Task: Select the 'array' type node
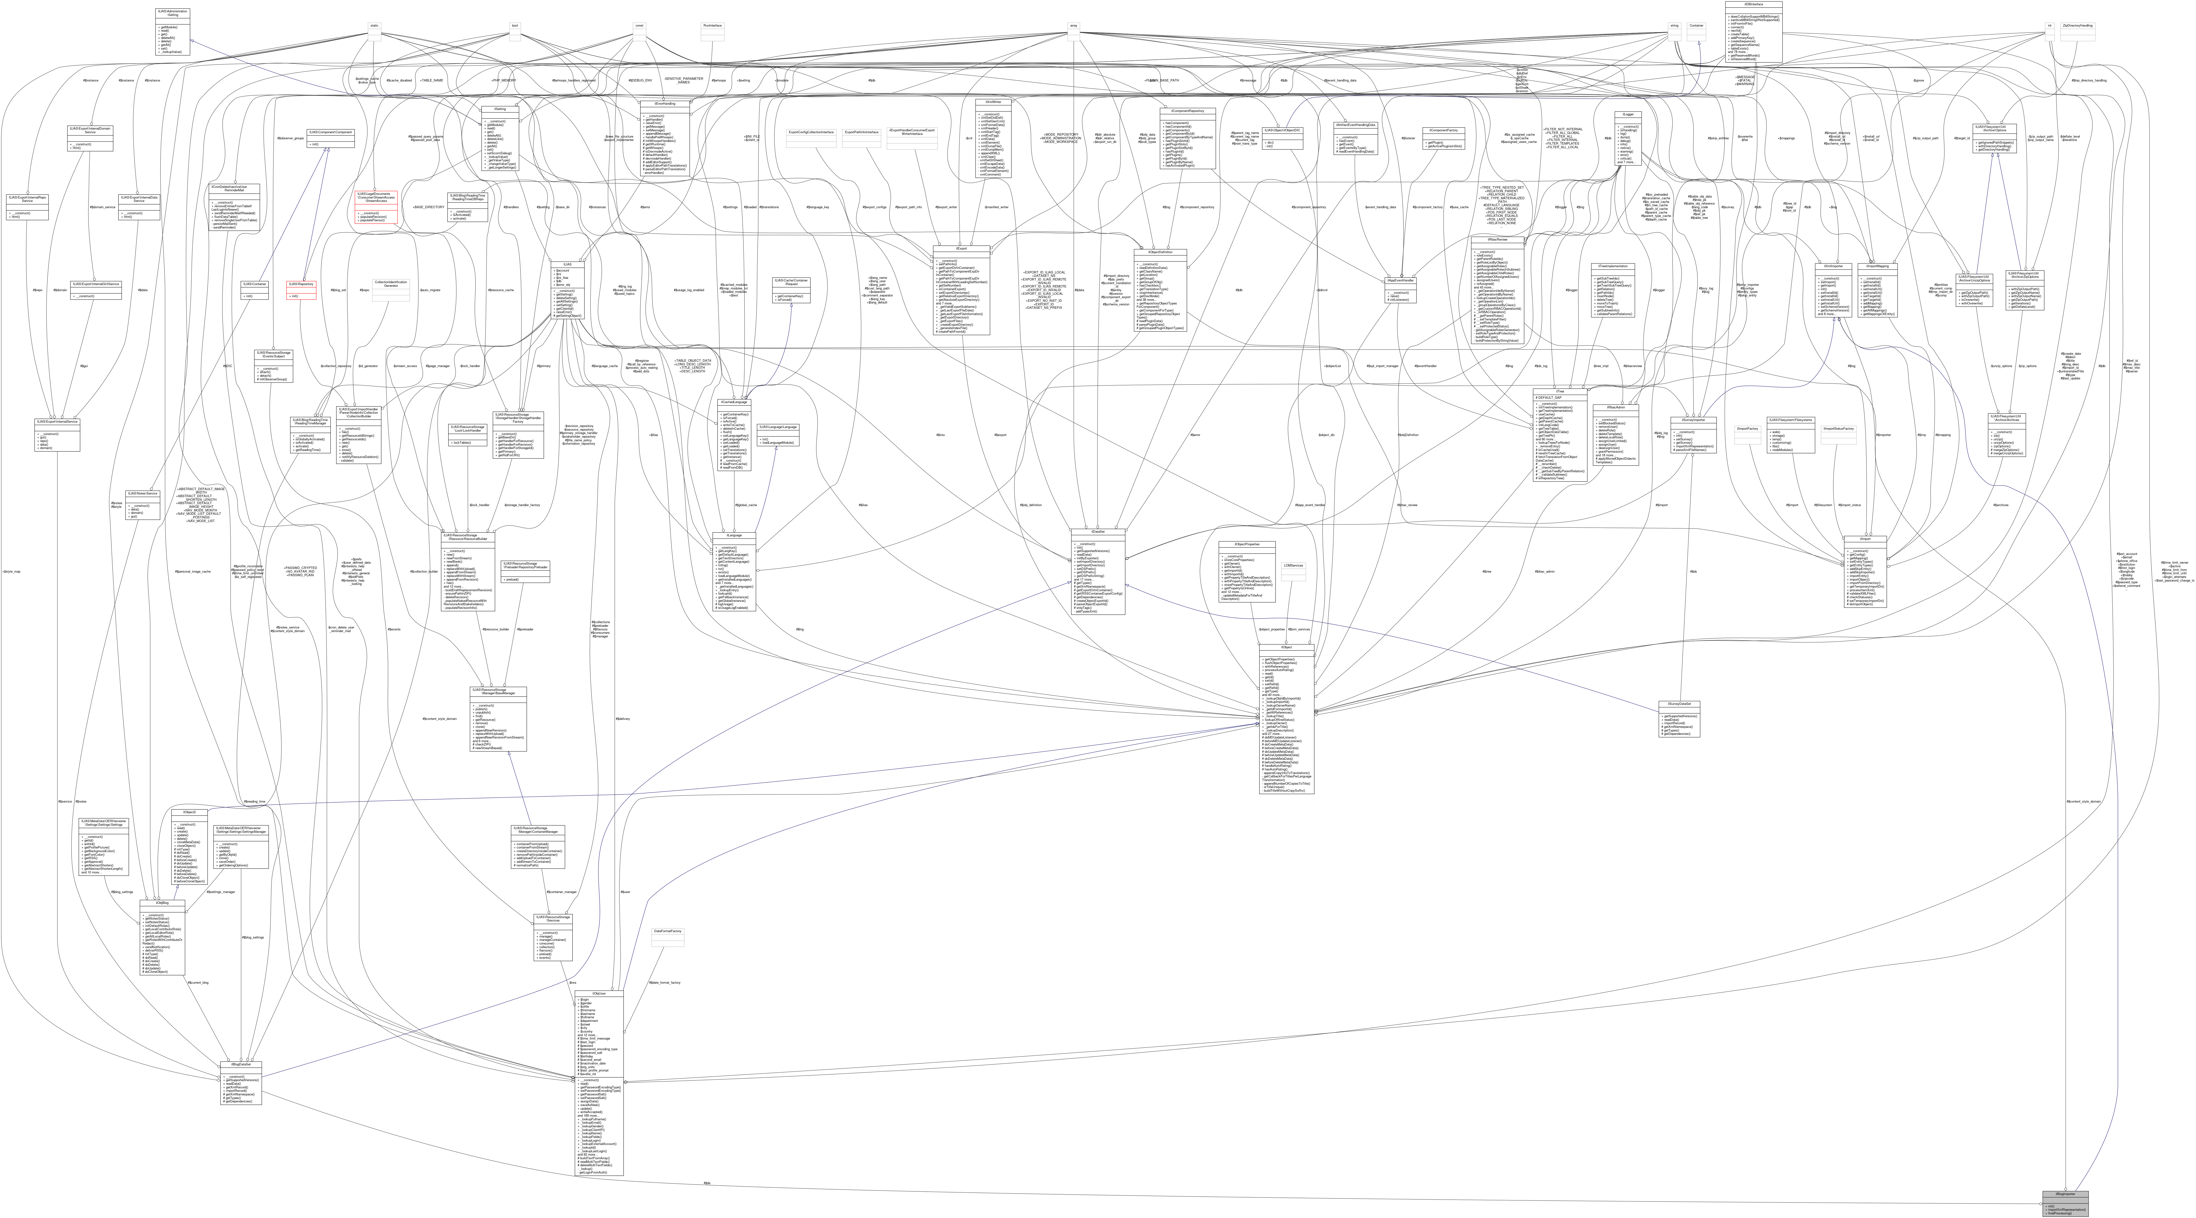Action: click(x=1073, y=26)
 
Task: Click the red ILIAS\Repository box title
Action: click(x=301, y=284)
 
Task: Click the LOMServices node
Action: click(x=1293, y=565)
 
